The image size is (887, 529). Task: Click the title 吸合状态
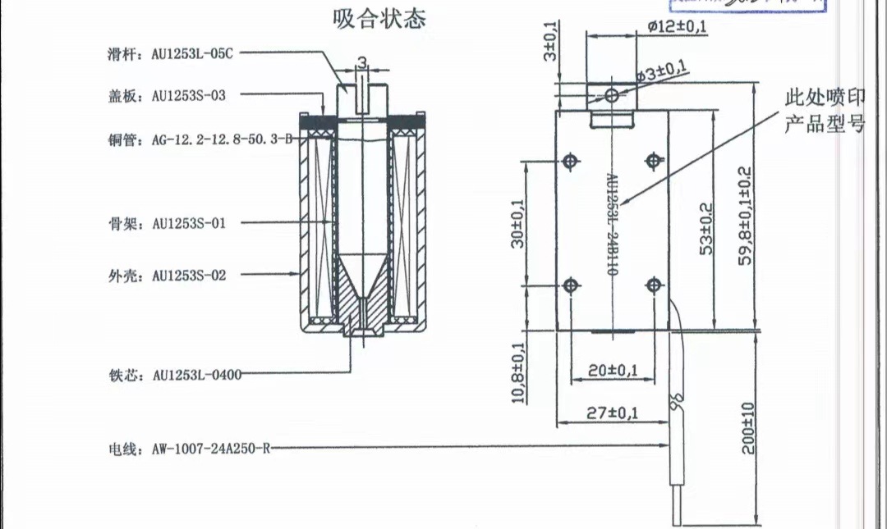[379, 19]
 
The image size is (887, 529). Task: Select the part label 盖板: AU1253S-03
[167, 95]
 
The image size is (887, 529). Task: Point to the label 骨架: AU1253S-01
[167, 223]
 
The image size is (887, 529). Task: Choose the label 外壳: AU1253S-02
[167, 276]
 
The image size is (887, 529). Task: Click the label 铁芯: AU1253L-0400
[174, 375]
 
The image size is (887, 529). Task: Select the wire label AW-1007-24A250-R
[189, 449]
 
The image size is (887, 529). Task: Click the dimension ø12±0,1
[677, 26]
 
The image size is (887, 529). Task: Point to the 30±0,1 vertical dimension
[517, 223]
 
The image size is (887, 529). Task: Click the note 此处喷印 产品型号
[825, 112]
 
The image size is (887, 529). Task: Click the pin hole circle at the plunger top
[612, 96]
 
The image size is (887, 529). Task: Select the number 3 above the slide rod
[361, 62]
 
